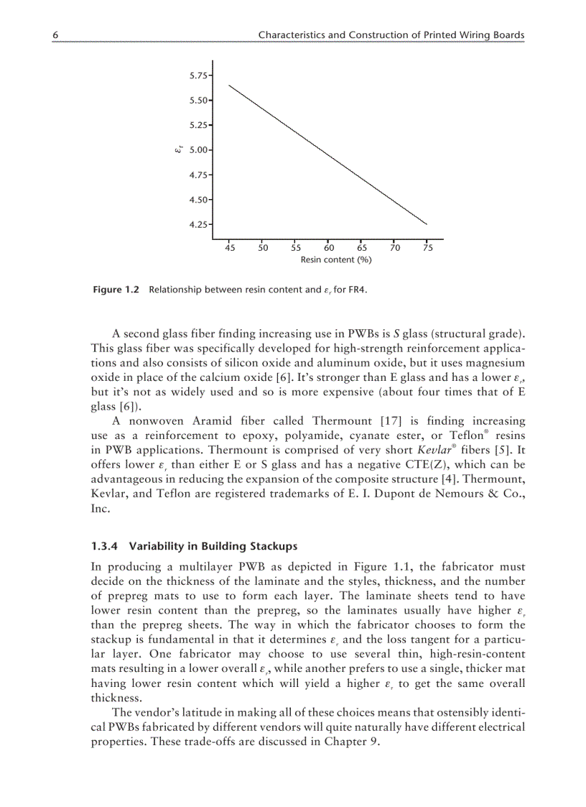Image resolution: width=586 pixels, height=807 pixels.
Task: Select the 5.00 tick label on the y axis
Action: pos(199,149)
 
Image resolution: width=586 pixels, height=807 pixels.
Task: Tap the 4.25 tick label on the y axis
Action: pos(199,224)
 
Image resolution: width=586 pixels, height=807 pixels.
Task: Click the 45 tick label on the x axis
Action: pos(230,248)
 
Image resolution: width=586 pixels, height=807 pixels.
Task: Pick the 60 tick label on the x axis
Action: pos(329,248)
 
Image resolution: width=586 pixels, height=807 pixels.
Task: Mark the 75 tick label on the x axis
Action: pos(427,248)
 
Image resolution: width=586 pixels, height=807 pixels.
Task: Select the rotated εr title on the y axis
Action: pos(177,149)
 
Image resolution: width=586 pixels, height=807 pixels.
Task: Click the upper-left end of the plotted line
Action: pos(229,86)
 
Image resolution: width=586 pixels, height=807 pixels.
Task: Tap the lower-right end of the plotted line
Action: pos(427,224)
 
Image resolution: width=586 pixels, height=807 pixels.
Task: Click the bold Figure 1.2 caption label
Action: pos(116,290)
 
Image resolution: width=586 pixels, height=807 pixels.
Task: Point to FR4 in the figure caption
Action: pos(368,290)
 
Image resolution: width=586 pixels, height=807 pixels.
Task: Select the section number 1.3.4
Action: pos(106,545)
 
